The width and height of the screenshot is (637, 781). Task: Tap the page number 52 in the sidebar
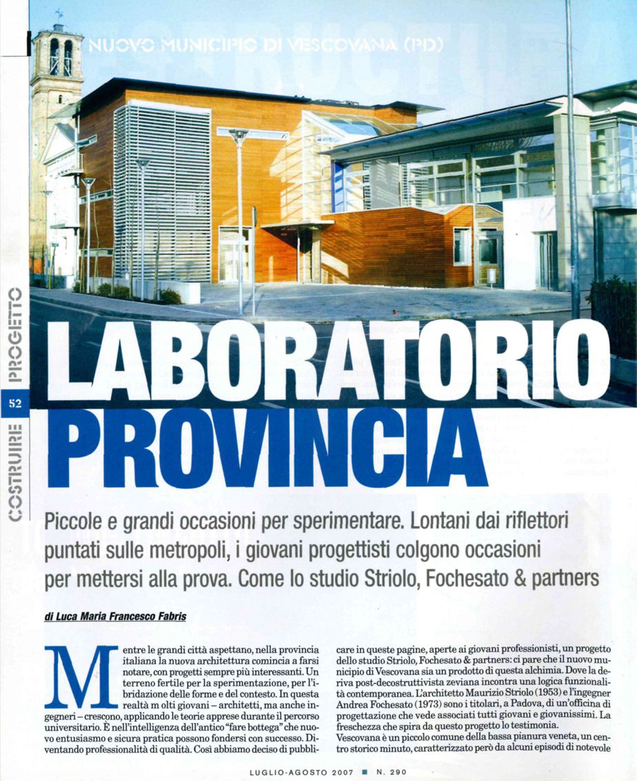(15, 403)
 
